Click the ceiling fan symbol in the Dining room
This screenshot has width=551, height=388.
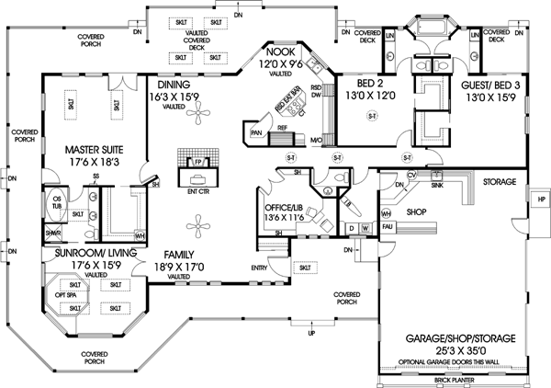pos(196,115)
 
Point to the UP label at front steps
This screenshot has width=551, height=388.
pos(310,332)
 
